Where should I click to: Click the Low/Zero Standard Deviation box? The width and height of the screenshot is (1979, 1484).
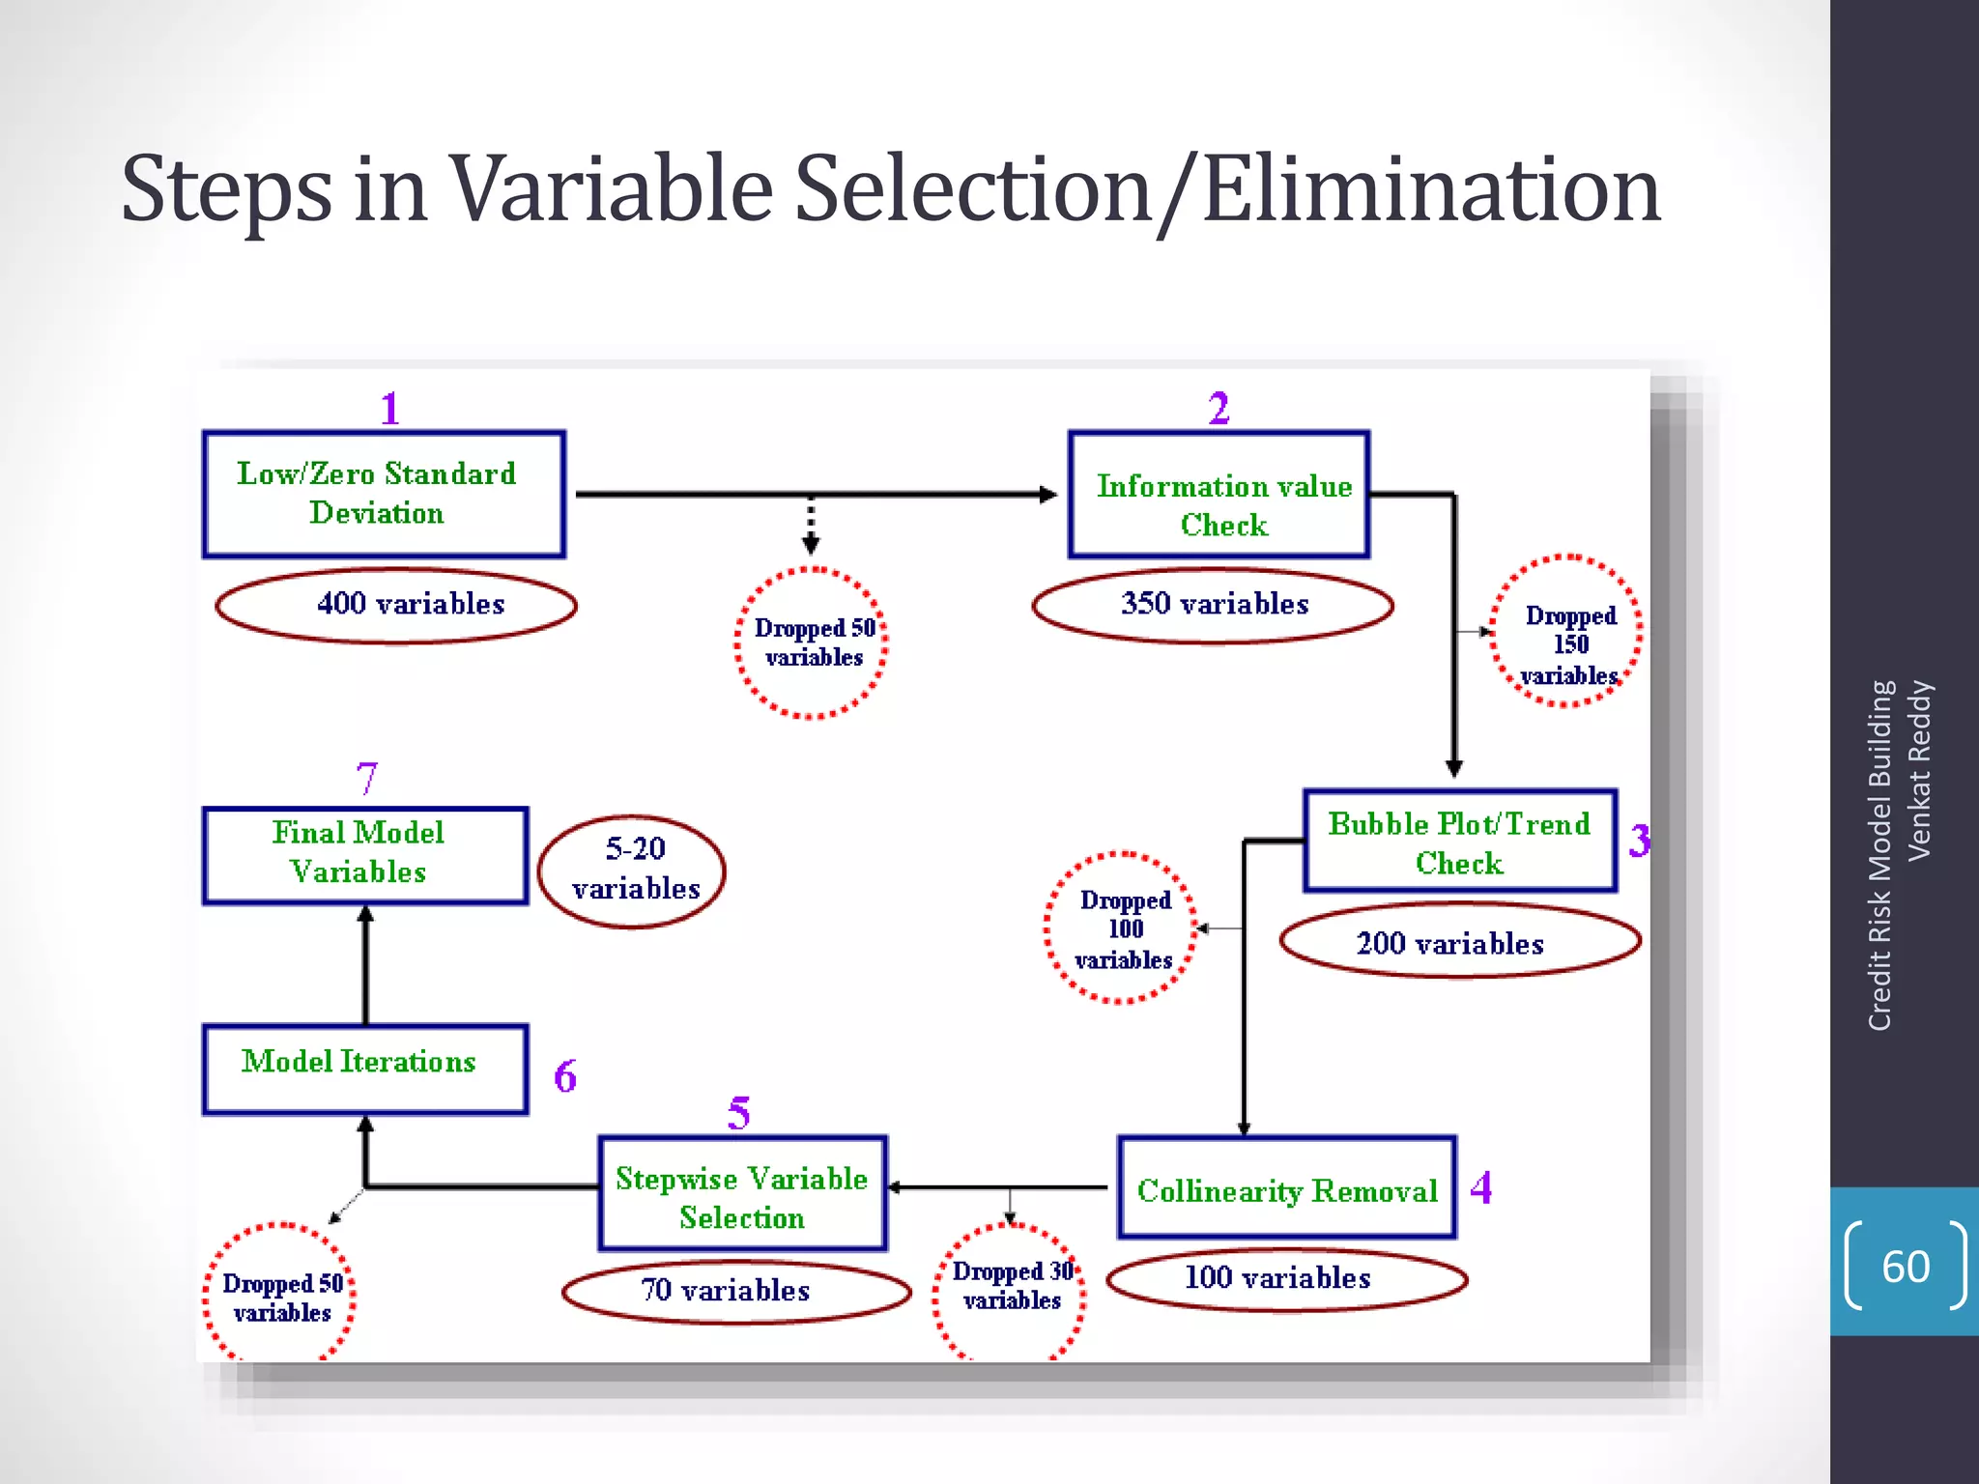click(x=384, y=494)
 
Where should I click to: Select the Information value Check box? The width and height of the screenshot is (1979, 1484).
click(x=1219, y=495)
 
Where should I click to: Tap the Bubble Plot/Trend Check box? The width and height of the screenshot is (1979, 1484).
click(x=1459, y=841)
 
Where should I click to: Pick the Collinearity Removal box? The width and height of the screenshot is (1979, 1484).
click(x=1286, y=1187)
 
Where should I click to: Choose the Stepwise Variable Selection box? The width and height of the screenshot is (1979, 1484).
click(x=742, y=1194)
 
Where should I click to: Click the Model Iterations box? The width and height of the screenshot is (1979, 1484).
click(x=365, y=1069)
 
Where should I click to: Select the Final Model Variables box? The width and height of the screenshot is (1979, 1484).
click(x=365, y=855)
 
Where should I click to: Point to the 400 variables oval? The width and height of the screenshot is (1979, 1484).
click(x=396, y=606)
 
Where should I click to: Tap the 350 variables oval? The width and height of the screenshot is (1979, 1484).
click(x=1213, y=606)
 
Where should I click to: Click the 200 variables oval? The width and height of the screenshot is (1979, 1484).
click(x=1459, y=941)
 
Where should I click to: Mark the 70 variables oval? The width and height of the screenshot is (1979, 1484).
click(x=735, y=1292)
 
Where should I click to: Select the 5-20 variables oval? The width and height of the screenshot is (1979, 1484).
click(x=632, y=870)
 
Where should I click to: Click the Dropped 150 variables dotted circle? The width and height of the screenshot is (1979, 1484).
click(x=1566, y=632)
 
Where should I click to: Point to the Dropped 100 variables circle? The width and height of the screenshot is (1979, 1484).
click(x=1122, y=928)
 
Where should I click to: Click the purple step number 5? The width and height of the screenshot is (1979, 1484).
click(x=738, y=1113)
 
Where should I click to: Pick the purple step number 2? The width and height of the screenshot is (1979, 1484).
click(x=1219, y=409)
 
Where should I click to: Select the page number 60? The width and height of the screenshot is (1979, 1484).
click(x=1905, y=1267)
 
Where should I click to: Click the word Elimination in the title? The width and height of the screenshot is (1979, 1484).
click(x=1430, y=190)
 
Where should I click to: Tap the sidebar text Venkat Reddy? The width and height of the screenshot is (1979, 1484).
click(x=1919, y=770)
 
